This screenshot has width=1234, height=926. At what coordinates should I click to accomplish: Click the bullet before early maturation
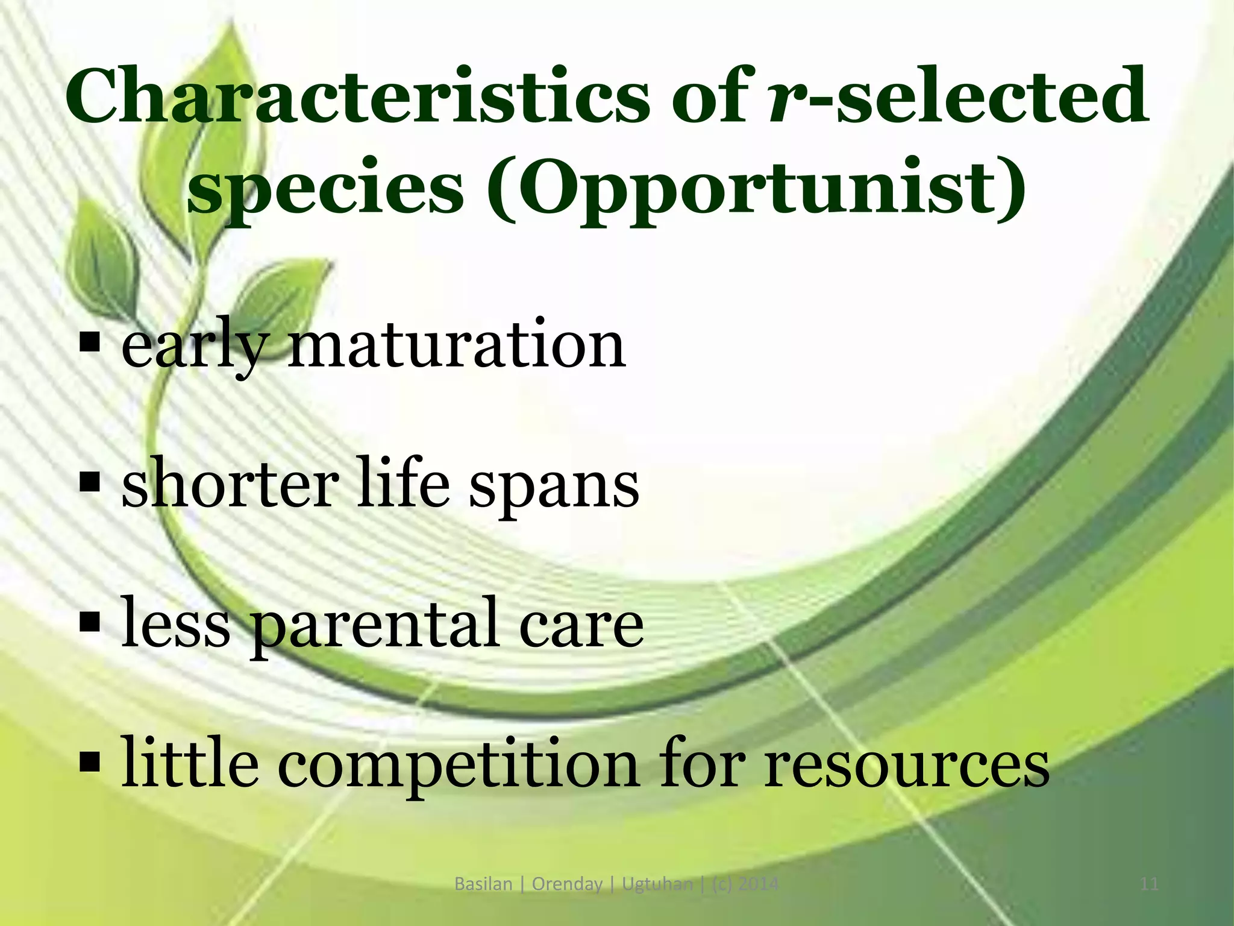pyautogui.click(x=89, y=343)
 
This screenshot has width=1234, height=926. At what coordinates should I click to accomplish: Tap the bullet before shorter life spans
pyautogui.click(x=89, y=482)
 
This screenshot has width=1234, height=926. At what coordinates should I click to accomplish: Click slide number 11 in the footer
pyautogui.click(x=1149, y=884)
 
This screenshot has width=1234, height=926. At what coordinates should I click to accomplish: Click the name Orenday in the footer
pyautogui.click(x=567, y=884)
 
